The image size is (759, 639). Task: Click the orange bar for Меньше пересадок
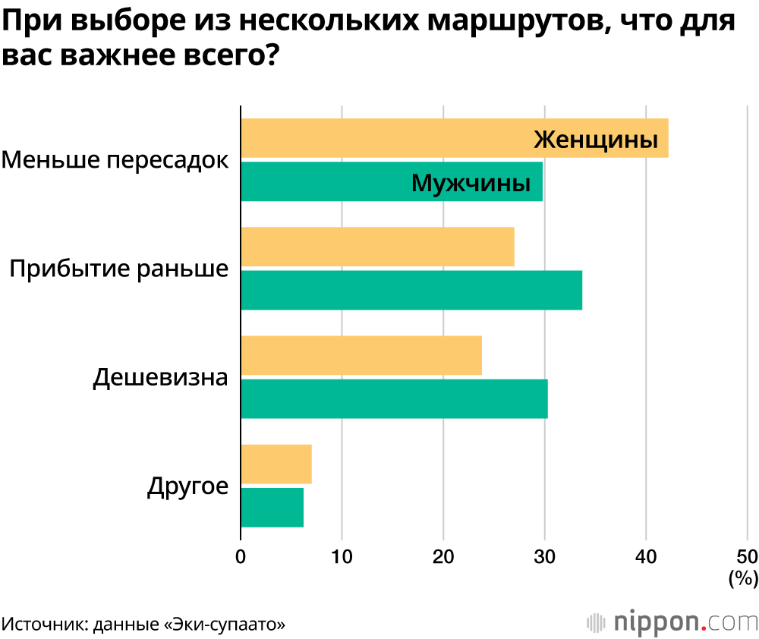[379, 138]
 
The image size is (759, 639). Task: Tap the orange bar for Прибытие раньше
[377, 247]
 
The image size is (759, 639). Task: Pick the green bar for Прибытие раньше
[411, 290]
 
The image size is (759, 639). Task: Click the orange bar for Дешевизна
[361, 355]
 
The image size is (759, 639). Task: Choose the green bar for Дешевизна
[394, 398]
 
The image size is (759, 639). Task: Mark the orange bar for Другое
[276, 464]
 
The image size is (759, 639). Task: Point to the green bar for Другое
[272, 507]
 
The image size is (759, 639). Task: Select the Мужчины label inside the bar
[471, 183]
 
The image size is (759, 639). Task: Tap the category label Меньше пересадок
[115, 160]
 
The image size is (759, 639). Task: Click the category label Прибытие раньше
[119, 269]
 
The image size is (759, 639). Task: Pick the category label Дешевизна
[160, 377]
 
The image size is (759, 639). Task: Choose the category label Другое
[187, 486]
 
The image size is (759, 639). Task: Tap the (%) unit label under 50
[743, 579]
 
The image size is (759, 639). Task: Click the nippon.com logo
[672, 622]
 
